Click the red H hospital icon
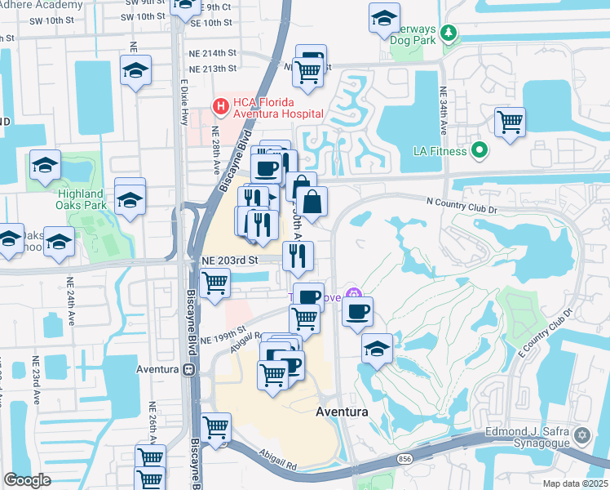(x=219, y=105)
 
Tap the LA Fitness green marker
(x=480, y=150)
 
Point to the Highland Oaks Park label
(x=82, y=199)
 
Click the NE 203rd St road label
(x=230, y=260)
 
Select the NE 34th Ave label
(x=443, y=111)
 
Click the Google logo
(x=27, y=480)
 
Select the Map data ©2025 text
(x=574, y=483)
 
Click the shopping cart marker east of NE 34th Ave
(x=510, y=122)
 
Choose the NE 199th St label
(x=223, y=338)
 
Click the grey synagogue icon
(x=581, y=434)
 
